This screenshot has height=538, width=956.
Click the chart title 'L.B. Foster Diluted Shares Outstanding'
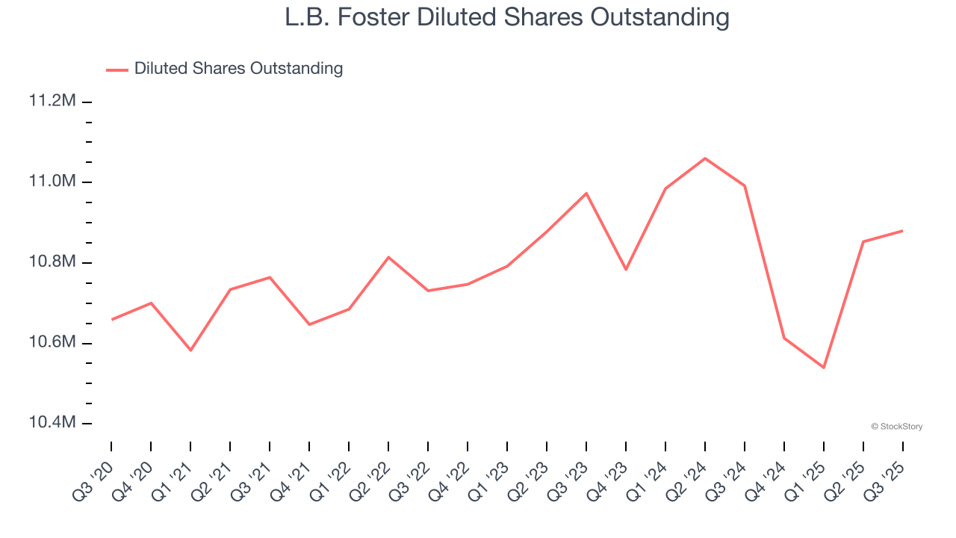[507, 17]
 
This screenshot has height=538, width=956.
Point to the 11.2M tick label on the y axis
[52, 101]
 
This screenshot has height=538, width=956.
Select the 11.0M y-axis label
[52, 182]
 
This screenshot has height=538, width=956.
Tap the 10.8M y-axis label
[52, 262]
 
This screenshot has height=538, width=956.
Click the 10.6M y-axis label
[52, 343]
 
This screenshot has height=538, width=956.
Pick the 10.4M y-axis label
[52, 423]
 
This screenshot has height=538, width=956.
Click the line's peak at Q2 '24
[705, 158]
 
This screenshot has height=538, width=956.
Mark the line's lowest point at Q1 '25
[824, 368]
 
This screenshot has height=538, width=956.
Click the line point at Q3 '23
[586, 194]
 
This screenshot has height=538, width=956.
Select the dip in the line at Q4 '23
[626, 269]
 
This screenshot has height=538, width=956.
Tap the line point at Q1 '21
[190, 350]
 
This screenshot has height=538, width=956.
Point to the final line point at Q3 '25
[902, 231]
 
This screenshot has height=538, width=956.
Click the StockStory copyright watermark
[896, 427]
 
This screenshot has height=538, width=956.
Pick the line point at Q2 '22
[388, 257]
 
